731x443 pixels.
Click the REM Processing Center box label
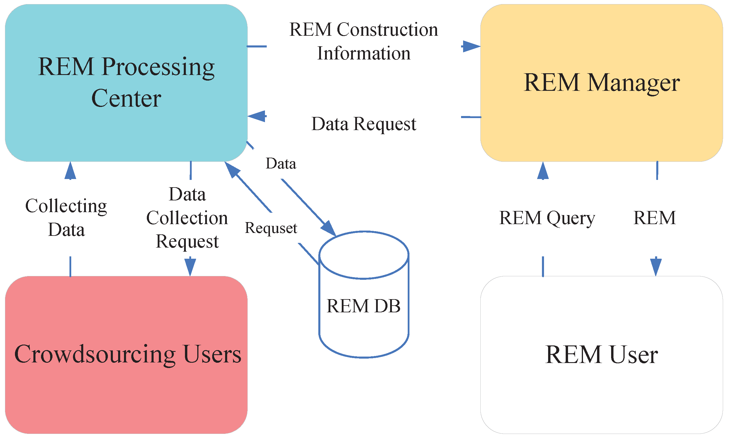[x=126, y=82]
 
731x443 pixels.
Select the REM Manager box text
[x=602, y=83]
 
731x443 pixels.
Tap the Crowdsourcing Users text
[x=127, y=354]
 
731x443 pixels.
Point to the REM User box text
[x=602, y=355]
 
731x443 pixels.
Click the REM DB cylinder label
[x=363, y=306]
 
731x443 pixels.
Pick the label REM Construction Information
[x=363, y=42]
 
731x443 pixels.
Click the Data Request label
[x=364, y=124]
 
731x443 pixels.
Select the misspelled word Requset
[x=271, y=228]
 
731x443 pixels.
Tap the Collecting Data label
[x=66, y=218]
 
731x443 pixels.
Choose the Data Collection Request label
[x=187, y=218]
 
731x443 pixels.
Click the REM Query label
[x=547, y=218]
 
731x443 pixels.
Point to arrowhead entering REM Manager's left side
[x=472, y=46]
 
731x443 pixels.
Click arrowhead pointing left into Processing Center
[x=257, y=116]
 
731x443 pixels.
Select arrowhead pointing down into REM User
[x=656, y=267]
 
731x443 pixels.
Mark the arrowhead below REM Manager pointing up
[x=543, y=171]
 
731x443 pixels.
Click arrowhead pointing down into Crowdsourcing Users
[x=190, y=267]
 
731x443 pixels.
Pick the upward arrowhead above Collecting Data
[x=70, y=171]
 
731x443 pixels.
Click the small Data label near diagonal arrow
[x=281, y=164]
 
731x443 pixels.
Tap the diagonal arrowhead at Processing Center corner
[x=232, y=169]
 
